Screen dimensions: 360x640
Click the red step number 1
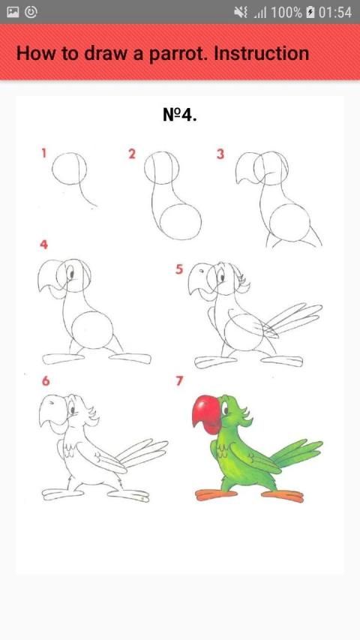coord(43,153)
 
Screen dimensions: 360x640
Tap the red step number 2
coord(131,154)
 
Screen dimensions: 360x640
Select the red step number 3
coord(220,155)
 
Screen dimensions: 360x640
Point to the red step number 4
coord(43,245)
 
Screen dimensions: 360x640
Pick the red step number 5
coord(179,269)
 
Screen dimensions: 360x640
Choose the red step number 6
coord(46,381)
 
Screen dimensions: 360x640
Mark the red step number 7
coord(179,381)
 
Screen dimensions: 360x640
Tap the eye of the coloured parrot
coord(225,409)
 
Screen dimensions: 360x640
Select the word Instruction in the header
coord(262,53)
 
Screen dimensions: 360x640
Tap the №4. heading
coord(180,115)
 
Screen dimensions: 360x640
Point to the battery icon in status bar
coord(310,13)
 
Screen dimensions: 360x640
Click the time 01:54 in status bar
coord(334,13)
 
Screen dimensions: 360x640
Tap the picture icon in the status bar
coord(13,12)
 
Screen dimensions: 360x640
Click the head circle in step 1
coord(52,169)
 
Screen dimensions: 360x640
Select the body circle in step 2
coord(160,222)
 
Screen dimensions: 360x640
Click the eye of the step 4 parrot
coord(71,273)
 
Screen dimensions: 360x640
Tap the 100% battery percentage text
coord(286,13)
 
